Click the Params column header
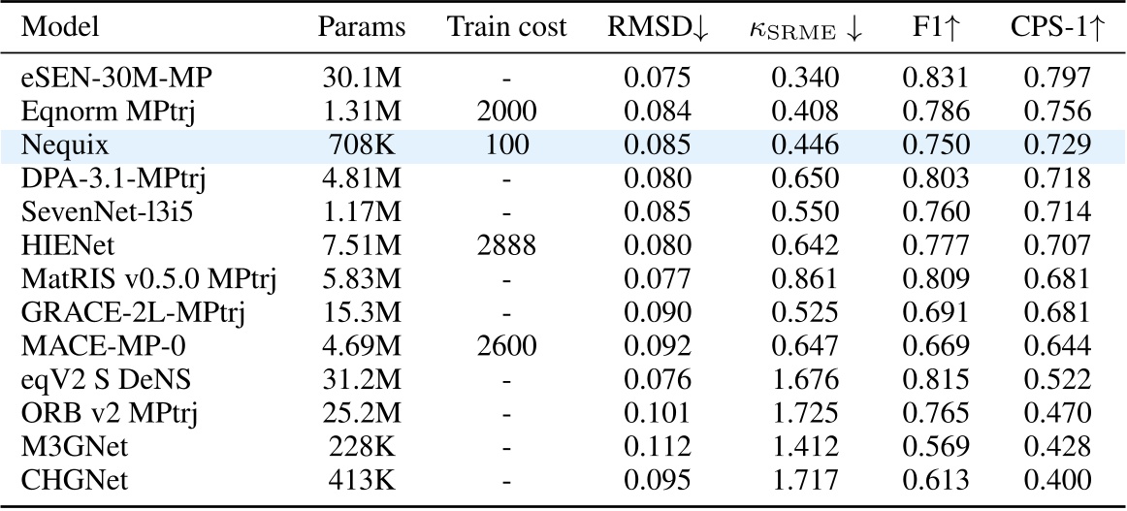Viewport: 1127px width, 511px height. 362,27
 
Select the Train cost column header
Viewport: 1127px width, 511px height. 506,27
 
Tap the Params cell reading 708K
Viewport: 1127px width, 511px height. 362,144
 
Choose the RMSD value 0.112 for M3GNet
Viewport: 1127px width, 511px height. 655,448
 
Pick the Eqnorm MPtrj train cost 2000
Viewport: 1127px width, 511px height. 506,111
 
